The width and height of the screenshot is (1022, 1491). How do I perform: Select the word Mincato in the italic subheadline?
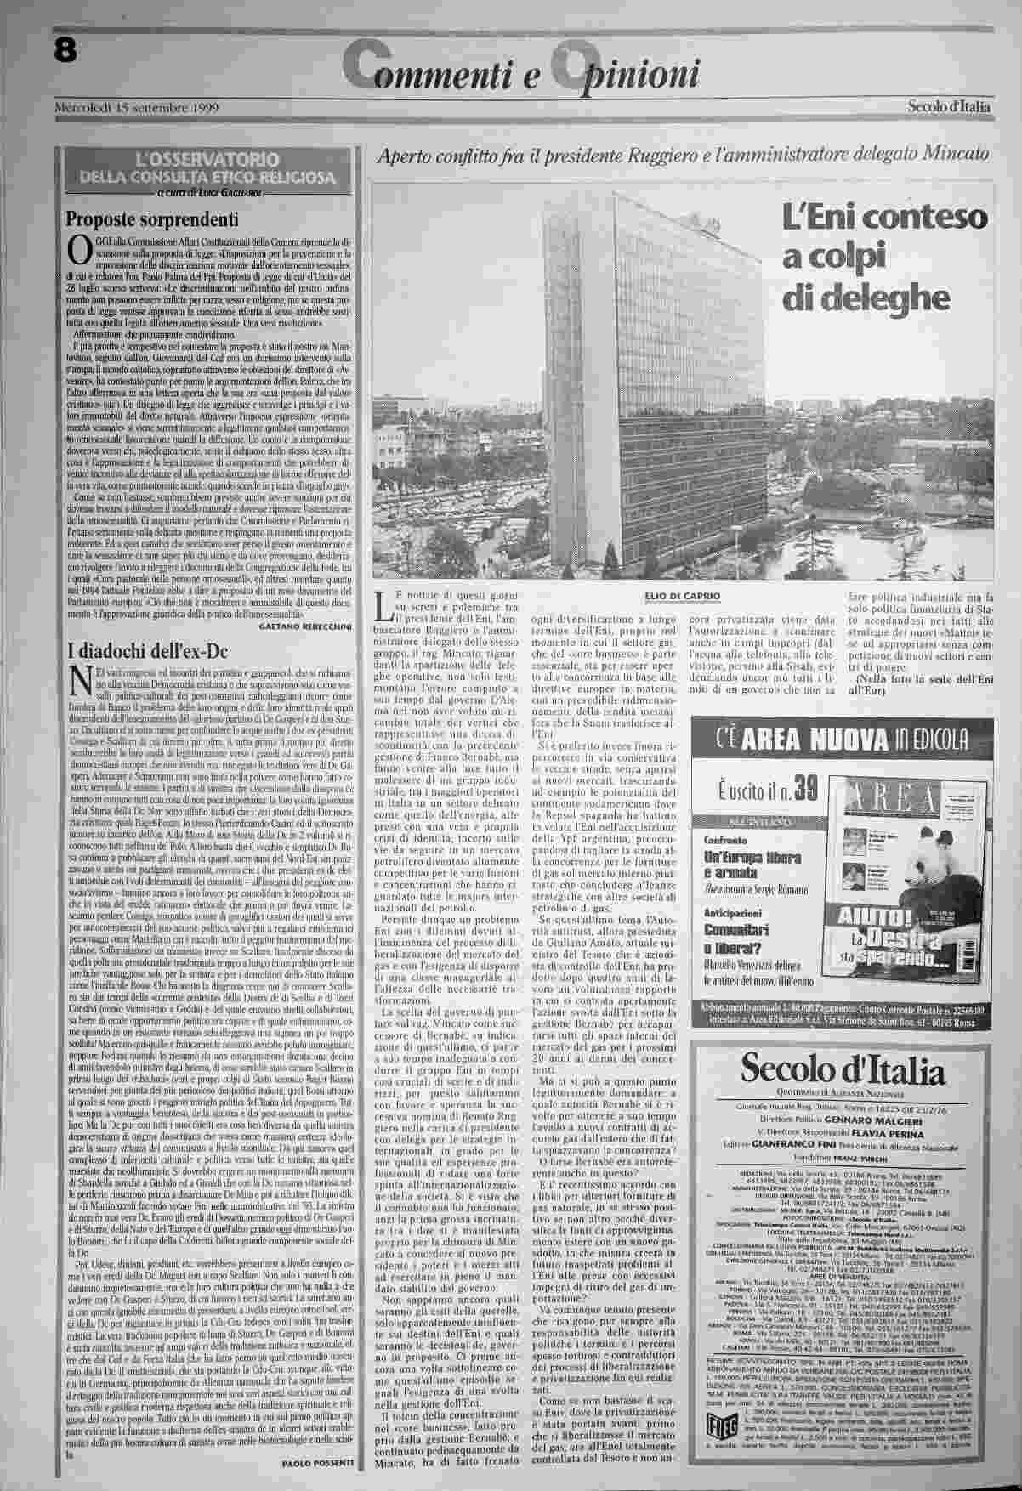point(948,156)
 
